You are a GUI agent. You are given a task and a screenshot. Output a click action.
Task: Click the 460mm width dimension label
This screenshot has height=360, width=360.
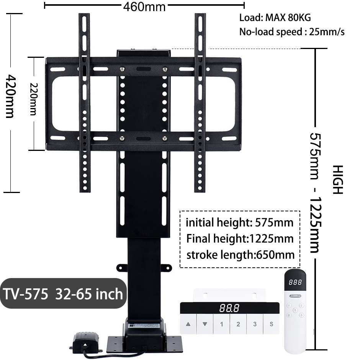tap(144, 7)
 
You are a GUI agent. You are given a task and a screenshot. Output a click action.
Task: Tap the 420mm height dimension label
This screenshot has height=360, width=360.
tap(10, 96)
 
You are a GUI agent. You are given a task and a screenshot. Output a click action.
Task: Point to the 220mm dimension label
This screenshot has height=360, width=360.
tap(34, 99)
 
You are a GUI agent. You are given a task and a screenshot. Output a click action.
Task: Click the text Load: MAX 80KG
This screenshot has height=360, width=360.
tap(275, 18)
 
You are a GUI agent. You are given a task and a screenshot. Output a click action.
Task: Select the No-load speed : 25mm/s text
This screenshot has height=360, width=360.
tap(292, 32)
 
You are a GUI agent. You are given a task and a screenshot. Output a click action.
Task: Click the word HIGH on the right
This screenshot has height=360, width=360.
tap(338, 180)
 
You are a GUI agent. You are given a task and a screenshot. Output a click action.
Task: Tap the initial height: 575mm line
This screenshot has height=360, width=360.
tap(239, 223)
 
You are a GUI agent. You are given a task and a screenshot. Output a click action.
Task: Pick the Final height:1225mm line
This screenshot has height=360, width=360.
tap(240, 239)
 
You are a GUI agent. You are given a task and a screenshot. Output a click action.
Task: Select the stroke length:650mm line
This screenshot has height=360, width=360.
tap(241, 255)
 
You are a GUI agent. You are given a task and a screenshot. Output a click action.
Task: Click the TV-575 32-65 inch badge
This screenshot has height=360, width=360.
tap(63, 293)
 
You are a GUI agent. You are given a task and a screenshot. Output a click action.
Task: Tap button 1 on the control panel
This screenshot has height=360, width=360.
tap(222, 324)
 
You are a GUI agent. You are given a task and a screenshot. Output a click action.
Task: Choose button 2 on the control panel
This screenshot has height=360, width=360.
tap(238, 324)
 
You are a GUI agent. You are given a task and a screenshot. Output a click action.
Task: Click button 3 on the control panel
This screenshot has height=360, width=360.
tap(255, 324)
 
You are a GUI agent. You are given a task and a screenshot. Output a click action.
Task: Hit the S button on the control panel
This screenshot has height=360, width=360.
tap(272, 324)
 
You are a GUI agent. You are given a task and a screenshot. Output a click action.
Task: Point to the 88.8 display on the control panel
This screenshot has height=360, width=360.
tap(229, 308)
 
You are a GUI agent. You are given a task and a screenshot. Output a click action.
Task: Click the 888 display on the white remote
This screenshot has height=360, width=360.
tap(295, 282)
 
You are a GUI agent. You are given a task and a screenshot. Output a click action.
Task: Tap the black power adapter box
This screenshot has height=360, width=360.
tap(86, 342)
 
